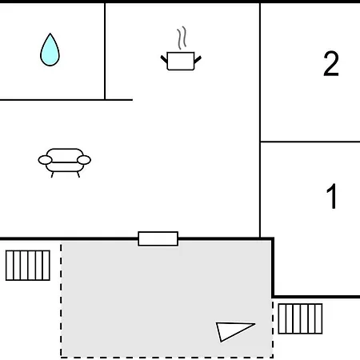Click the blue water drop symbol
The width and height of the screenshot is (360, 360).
click(50, 50)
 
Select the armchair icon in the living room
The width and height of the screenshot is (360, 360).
click(65, 162)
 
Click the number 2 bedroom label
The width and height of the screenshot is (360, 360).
click(331, 63)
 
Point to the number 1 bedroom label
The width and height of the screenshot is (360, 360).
click(332, 196)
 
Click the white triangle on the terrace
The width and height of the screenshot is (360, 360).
click(232, 330)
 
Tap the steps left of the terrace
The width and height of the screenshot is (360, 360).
click(28, 266)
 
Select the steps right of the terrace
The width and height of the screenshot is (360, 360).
click(300, 318)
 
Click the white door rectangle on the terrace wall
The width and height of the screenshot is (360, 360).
click(158, 238)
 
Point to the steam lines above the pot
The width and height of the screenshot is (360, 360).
click(182, 38)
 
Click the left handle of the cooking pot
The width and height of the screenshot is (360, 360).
click(164, 59)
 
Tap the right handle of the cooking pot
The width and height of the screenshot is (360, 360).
click(198, 59)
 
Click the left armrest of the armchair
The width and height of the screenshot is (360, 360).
click(45, 160)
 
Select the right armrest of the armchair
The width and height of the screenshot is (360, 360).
click(84, 160)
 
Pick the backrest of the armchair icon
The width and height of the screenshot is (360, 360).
click(65, 154)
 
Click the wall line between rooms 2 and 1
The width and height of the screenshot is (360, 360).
click(310, 142)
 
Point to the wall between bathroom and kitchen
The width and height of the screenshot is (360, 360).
click(105, 51)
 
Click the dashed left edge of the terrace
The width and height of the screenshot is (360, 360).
click(61, 301)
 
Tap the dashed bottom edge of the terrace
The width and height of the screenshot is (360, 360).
click(167, 357)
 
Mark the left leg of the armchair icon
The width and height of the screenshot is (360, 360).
click(52, 174)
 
